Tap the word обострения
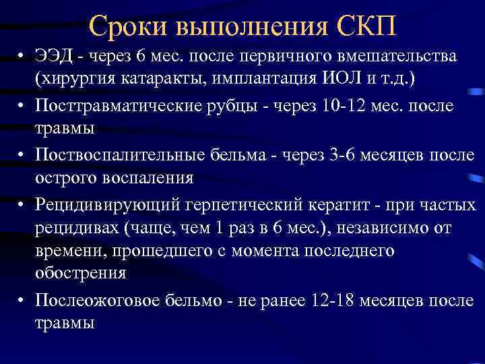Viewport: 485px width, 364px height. coord(82,272)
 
